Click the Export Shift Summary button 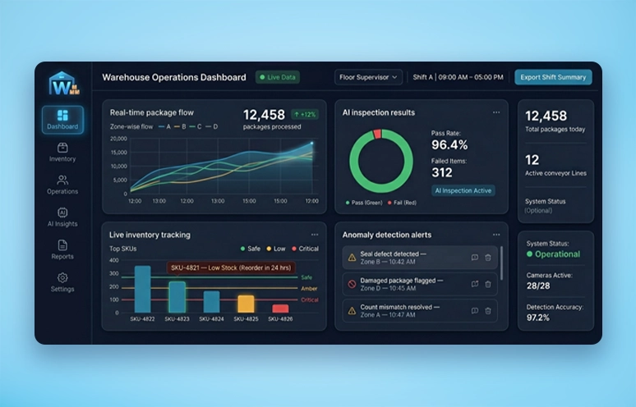pyautogui.click(x=553, y=77)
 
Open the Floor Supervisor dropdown pyautogui.click(x=368, y=77)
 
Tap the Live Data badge pyautogui.click(x=278, y=77)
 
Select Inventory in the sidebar pyautogui.click(x=62, y=151)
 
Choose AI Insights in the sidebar pyautogui.click(x=62, y=217)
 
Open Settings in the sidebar pyautogui.click(x=62, y=282)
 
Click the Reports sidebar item pyautogui.click(x=62, y=249)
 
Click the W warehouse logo pyautogui.click(x=62, y=84)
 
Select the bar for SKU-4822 pyautogui.click(x=143, y=288)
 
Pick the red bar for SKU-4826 pyautogui.click(x=280, y=309)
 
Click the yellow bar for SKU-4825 pyautogui.click(x=246, y=304)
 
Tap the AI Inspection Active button pyautogui.click(x=463, y=190)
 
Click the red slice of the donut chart pyautogui.click(x=378, y=134)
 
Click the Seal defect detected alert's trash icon pyautogui.click(x=488, y=258)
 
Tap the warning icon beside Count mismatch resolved pyautogui.click(x=352, y=310)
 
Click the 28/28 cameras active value pyautogui.click(x=538, y=286)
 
